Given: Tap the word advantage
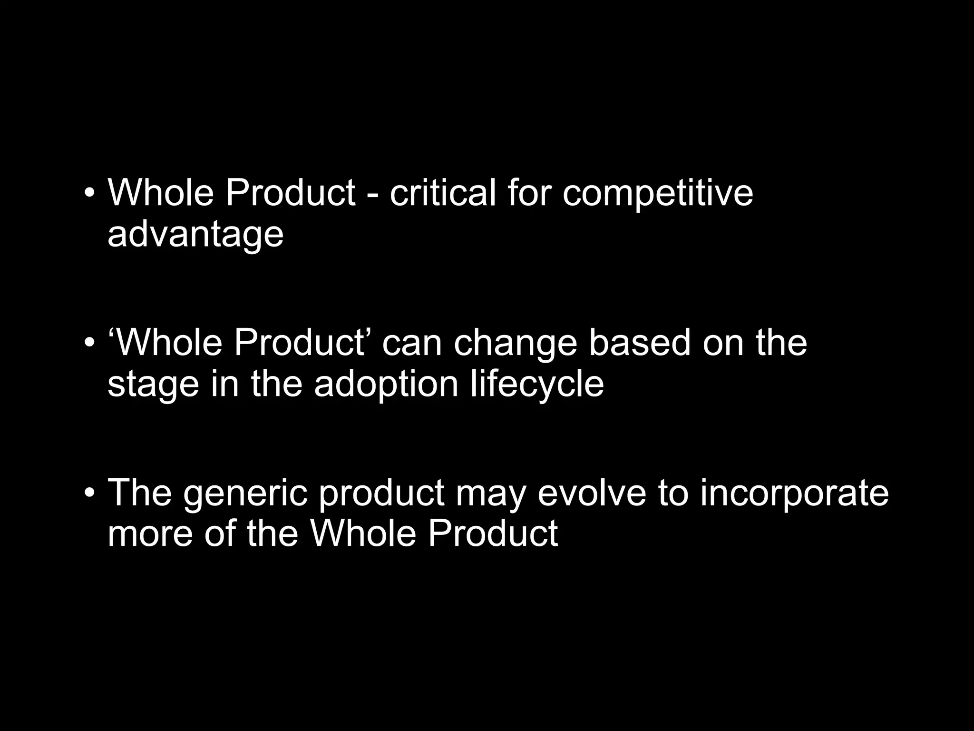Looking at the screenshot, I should [x=195, y=235].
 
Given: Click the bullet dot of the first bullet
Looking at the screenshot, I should [x=89, y=194].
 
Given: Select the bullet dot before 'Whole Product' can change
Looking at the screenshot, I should [x=89, y=344].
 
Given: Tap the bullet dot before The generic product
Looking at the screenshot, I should [x=89, y=493].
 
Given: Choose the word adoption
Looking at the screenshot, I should [x=386, y=385].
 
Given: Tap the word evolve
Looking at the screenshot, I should [x=592, y=492].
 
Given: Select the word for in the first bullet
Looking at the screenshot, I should [x=528, y=193].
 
